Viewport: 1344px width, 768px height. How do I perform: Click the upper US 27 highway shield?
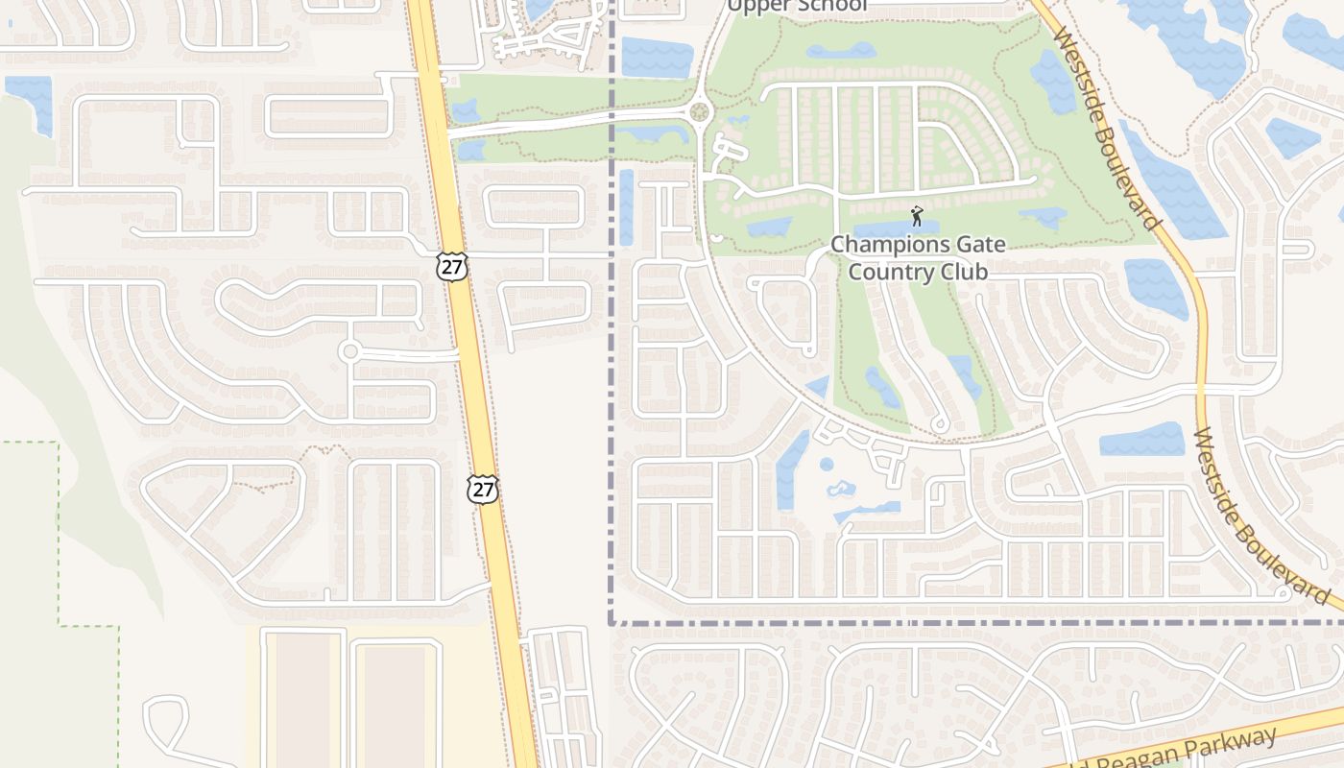click(451, 266)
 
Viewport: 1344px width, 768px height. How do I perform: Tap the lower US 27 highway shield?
click(483, 489)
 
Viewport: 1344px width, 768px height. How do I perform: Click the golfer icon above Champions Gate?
click(917, 216)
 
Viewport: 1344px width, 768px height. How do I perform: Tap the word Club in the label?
click(960, 272)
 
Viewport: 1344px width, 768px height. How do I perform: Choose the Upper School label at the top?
click(797, 6)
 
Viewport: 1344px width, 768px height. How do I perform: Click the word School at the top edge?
click(831, 6)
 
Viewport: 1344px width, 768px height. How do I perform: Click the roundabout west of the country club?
click(699, 111)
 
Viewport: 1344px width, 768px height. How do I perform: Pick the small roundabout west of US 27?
click(349, 351)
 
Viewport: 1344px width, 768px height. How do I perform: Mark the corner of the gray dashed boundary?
click(611, 622)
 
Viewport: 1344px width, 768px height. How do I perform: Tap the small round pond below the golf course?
click(827, 465)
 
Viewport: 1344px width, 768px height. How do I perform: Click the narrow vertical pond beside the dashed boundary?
click(627, 206)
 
